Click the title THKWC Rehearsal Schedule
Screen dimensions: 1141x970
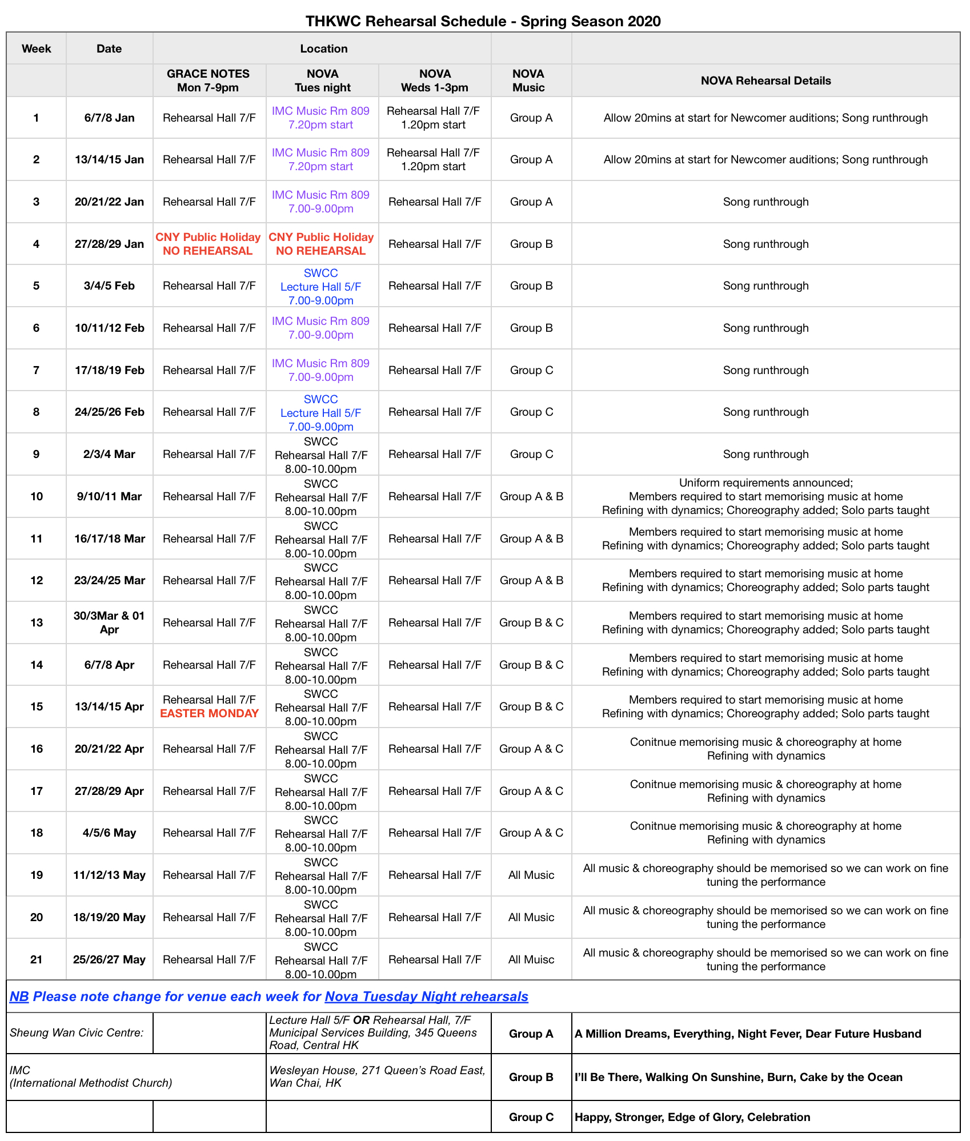click(483, 21)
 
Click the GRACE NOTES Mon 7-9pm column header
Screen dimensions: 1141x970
click(208, 81)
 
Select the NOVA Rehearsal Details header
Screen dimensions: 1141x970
click(765, 81)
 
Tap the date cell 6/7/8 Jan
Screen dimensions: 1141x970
click(109, 118)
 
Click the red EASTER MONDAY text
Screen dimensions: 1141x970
click(209, 713)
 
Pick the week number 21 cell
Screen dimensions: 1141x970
click(37, 959)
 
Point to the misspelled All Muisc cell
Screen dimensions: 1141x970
click(531, 959)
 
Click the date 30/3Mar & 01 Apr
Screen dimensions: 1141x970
click(109, 622)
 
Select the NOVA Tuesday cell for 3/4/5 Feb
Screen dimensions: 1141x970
click(321, 286)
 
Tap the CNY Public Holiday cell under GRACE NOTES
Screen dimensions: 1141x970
click(208, 244)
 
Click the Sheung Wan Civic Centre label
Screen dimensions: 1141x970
click(77, 1032)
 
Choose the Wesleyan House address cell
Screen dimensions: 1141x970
click(377, 1076)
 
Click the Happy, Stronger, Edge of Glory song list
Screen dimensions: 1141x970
click(692, 1117)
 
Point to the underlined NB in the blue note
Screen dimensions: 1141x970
click(19, 997)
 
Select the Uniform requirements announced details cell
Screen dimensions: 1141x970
click(765, 496)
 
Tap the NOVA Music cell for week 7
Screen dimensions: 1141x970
click(531, 370)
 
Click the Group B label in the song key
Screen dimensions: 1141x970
click(531, 1077)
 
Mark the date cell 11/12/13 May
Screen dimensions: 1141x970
click(109, 875)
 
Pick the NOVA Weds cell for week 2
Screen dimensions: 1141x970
click(434, 159)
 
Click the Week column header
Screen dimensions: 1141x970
click(37, 49)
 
